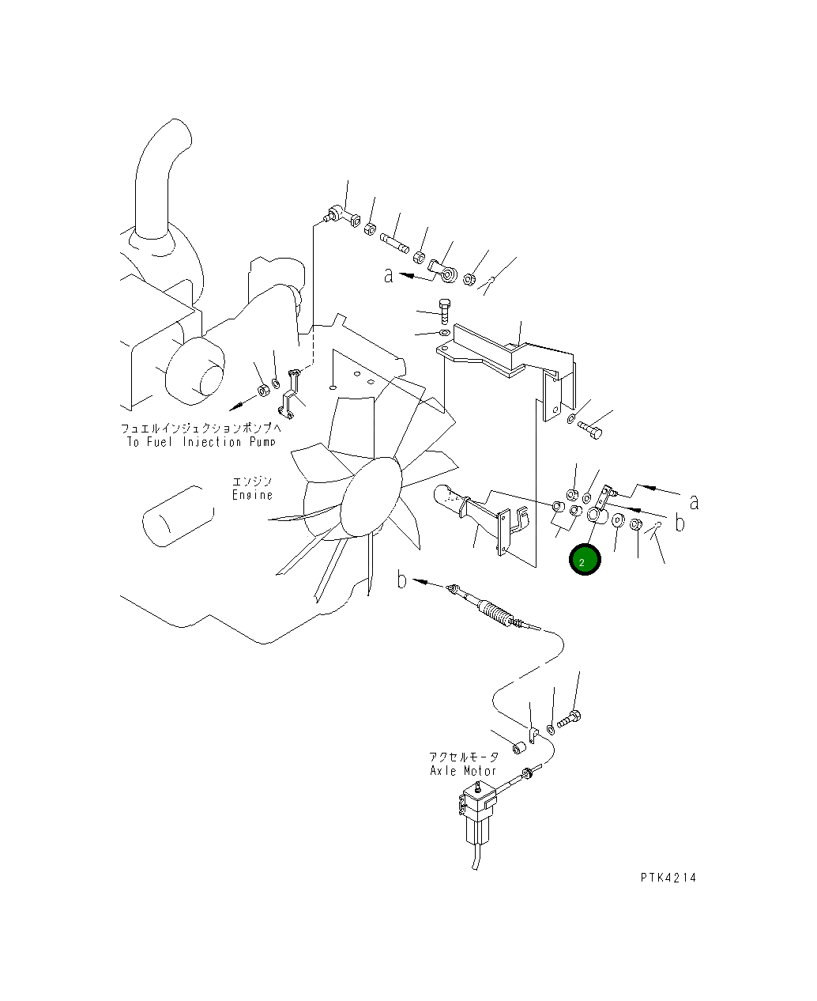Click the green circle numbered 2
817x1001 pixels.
(585, 560)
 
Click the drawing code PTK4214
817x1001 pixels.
(668, 878)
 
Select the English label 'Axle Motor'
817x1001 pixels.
(462, 771)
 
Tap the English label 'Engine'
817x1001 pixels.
(252, 495)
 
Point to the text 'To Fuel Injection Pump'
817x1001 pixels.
(201, 442)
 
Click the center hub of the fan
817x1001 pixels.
(371, 496)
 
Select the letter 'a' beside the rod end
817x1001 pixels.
(389, 275)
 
